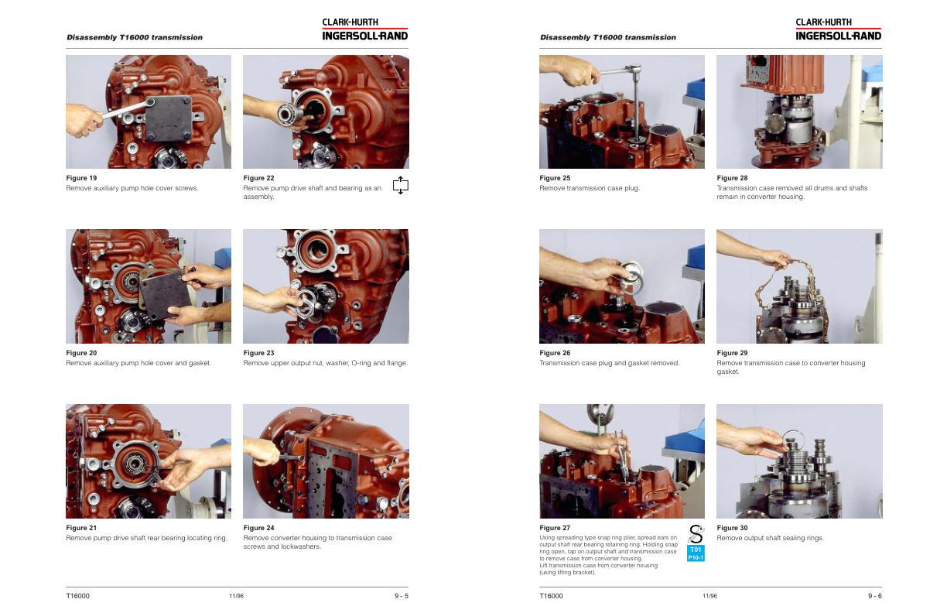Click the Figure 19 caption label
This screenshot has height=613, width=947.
pos(81,178)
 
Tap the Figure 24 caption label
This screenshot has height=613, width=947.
pos(258,528)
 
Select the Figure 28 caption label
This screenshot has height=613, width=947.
pos(732,178)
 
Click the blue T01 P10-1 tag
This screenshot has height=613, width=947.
pos(696,553)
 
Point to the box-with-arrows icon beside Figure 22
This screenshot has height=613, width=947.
pos(400,185)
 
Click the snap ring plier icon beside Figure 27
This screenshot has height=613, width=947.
pos(696,534)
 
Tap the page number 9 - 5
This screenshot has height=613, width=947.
pos(402,596)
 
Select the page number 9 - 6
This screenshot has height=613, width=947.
pos(875,596)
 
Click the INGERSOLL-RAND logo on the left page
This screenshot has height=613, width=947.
pos(365,36)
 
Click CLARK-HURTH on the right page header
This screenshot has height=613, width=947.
pos(823,22)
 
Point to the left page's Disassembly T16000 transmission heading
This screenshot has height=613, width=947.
pos(135,37)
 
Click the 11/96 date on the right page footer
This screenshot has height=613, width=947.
pos(709,596)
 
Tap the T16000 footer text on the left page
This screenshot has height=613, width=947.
pos(78,596)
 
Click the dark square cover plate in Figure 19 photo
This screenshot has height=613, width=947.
pos(168,118)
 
